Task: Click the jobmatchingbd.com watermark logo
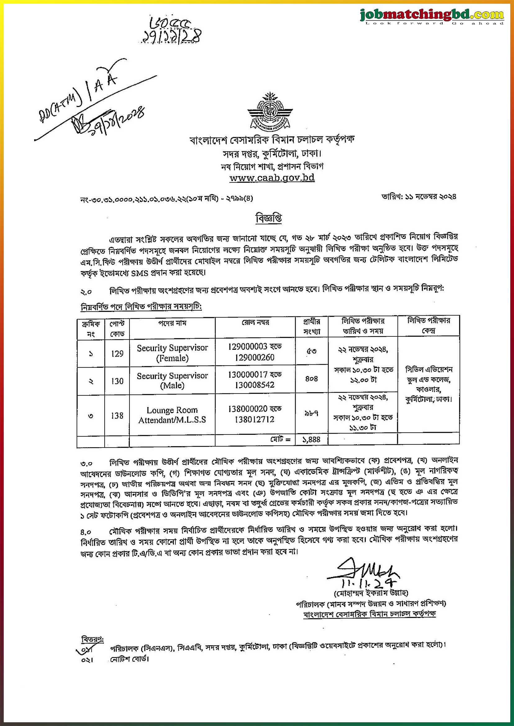[x=431, y=16]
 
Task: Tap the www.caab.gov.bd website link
[x=272, y=178]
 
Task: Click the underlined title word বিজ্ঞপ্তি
[x=268, y=218]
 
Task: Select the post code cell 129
[x=117, y=353]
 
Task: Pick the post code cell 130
[x=117, y=381]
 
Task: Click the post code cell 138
[x=117, y=415]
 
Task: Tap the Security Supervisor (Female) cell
[x=172, y=353]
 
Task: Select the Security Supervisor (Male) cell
[x=172, y=380]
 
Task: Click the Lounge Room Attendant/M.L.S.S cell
[x=172, y=415]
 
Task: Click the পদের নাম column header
[x=172, y=323]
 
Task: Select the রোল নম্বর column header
[x=255, y=322]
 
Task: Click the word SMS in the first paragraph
[x=139, y=273]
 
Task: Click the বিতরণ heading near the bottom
[x=92, y=639]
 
